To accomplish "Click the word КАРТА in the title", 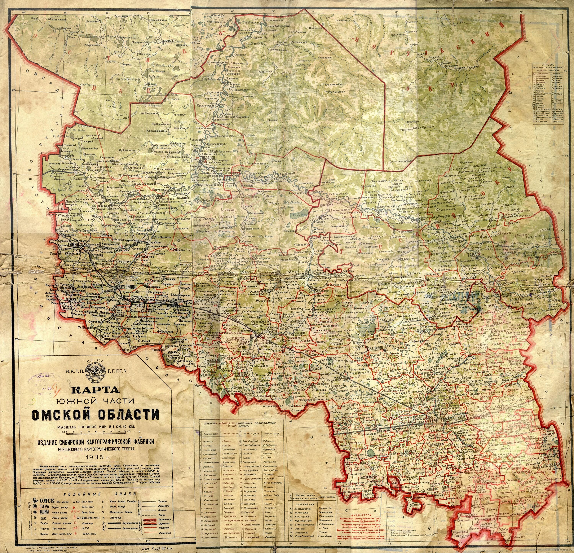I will pyautogui.click(x=94, y=390).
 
